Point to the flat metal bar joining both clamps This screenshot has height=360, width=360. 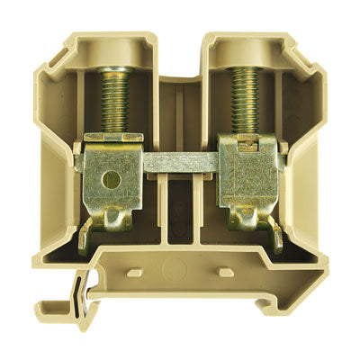pyautogui.click(x=181, y=164)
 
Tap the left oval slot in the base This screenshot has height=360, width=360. pyautogui.click(x=136, y=271)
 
